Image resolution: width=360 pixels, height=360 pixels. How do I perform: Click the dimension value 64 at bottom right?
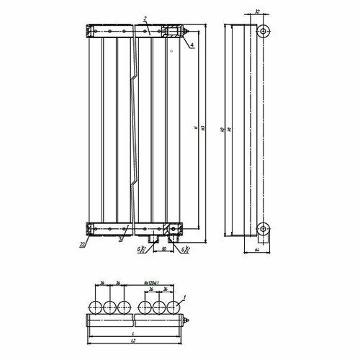258,250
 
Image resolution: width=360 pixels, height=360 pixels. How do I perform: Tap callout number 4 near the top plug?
192,45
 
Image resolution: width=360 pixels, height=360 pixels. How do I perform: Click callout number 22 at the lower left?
83,245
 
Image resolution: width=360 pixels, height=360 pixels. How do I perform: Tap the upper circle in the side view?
264,32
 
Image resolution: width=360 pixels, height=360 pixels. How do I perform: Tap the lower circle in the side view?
264,230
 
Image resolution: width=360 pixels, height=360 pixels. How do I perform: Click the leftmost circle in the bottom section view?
95,307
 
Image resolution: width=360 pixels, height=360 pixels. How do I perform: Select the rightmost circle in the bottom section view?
173,307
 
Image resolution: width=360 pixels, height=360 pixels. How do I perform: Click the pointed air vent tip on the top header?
189,32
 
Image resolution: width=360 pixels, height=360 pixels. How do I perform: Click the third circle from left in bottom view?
126,307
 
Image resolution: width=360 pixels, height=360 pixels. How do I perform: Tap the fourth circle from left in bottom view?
142,307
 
